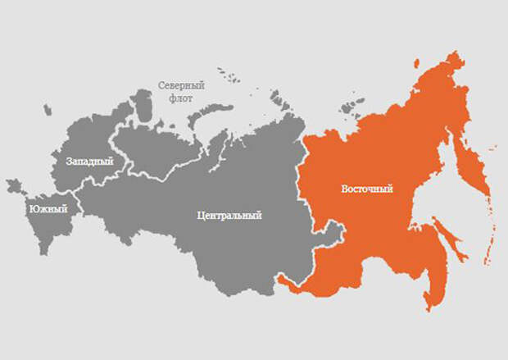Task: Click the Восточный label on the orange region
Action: [x=366, y=189]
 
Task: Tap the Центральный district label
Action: [x=229, y=216]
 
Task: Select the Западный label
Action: [x=88, y=162]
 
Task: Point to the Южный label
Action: [x=48, y=209]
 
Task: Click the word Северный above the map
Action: [x=181, y=84]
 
